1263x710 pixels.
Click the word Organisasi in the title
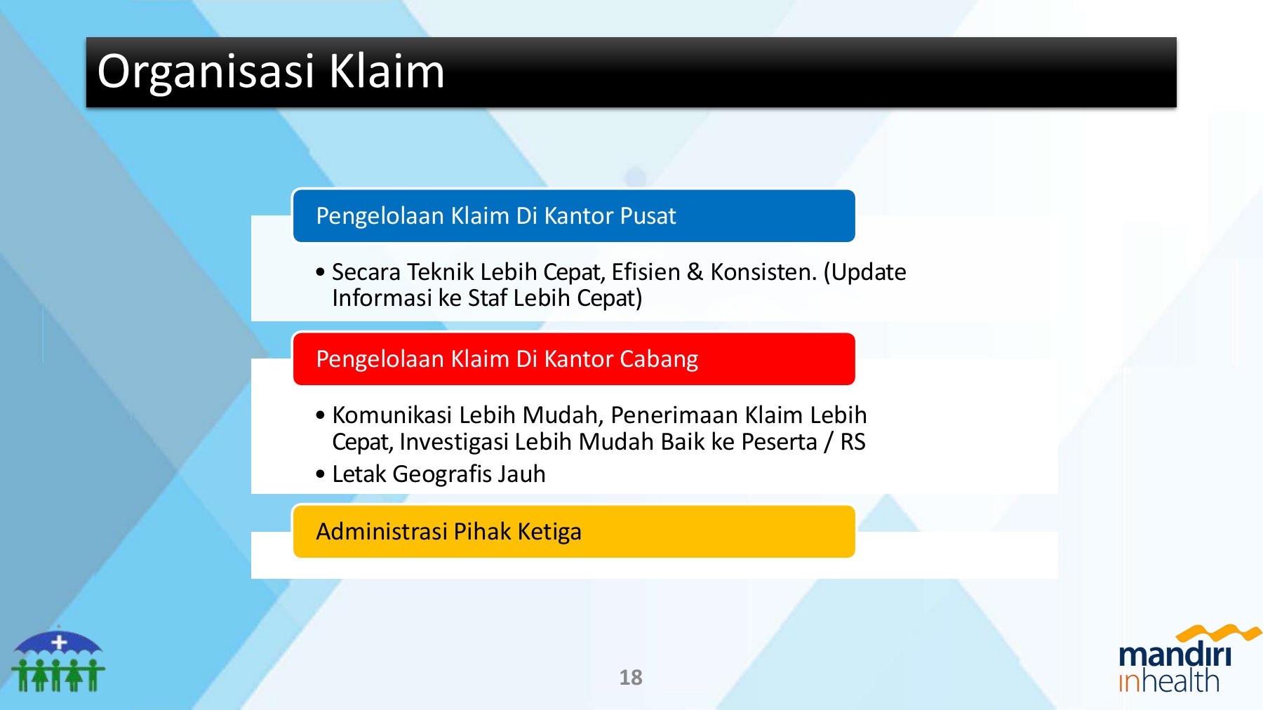tap(206, 72)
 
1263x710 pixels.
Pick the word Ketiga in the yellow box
tap(549, 532)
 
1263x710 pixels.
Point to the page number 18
tap(631, 678)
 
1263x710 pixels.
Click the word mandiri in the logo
tap(1175, 654)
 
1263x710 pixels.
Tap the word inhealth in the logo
tap(1169, 681)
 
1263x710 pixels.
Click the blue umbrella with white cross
tap(59, 642)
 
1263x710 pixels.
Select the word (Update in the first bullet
tap(865, 273)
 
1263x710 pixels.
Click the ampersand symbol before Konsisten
tap(695, 272)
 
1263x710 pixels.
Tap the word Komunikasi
tap(392, 415)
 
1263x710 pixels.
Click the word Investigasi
tap(454, 443)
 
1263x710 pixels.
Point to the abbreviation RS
tap(853, 442)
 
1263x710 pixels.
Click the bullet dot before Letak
tap(321, 475)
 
